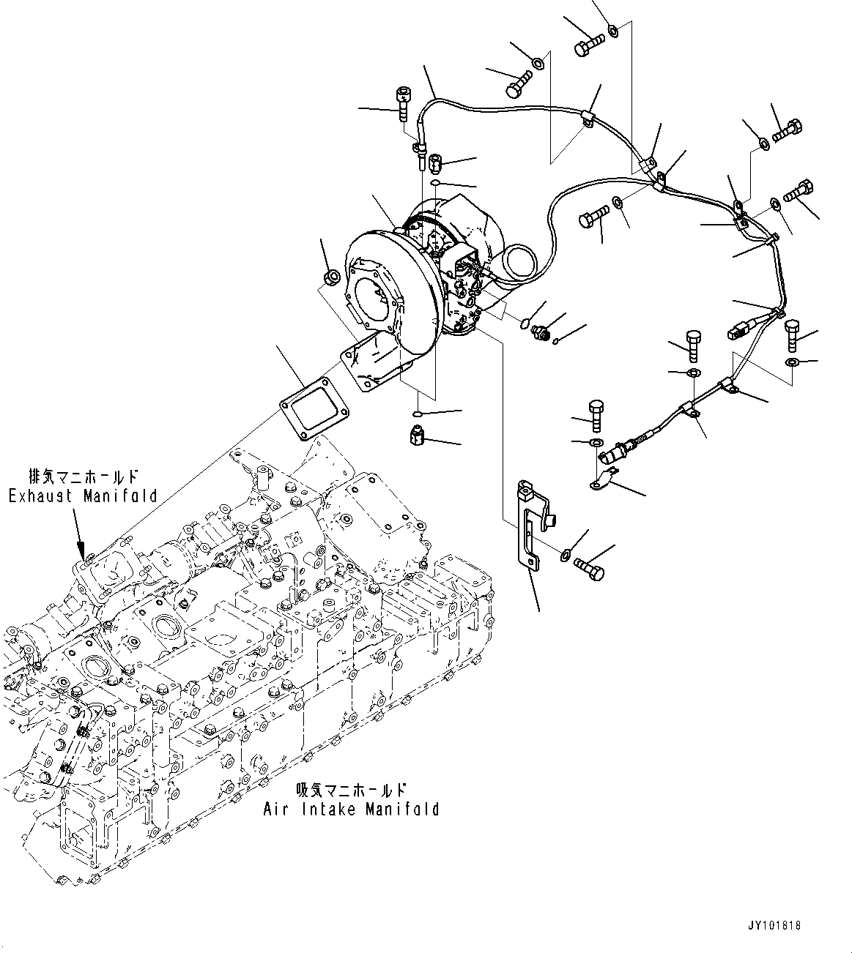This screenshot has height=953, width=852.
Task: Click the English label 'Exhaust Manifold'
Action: click(83, 496)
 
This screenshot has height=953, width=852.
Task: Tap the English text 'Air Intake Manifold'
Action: click(351, 809)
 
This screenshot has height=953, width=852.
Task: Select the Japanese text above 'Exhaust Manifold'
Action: click(83, 474)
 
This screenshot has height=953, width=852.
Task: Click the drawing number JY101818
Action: click(774, 925)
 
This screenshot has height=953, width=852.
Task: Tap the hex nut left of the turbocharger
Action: click(330, 277)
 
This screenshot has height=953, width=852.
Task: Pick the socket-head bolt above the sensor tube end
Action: click(401, 102)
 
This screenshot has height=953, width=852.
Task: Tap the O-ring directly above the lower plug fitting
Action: click(417, 415)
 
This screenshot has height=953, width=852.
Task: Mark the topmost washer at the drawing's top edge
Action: click(613, 30)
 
